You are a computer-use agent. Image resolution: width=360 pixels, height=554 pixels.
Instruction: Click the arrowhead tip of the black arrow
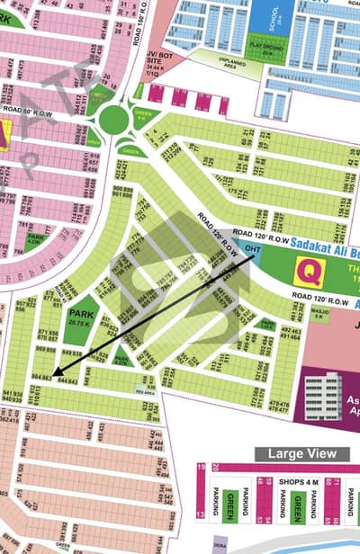(x=54, y=374)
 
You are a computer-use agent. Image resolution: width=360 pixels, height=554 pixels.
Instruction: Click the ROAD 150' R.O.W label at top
(x=139, y=27)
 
